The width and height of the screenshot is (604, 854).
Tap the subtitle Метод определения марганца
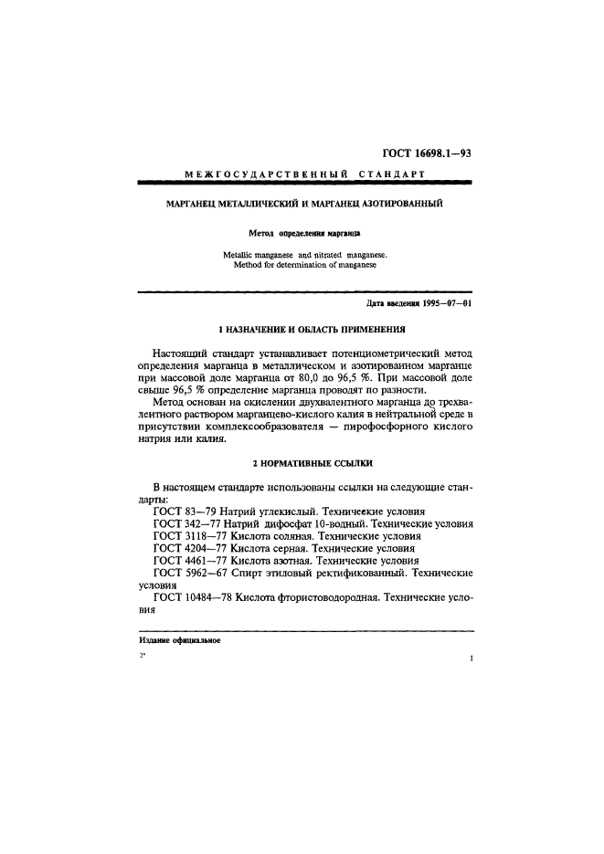click(302, 234)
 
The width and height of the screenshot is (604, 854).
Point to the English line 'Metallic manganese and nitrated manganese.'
click(302, 255)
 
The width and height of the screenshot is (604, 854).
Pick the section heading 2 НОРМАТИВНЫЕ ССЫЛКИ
click(302, 465)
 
